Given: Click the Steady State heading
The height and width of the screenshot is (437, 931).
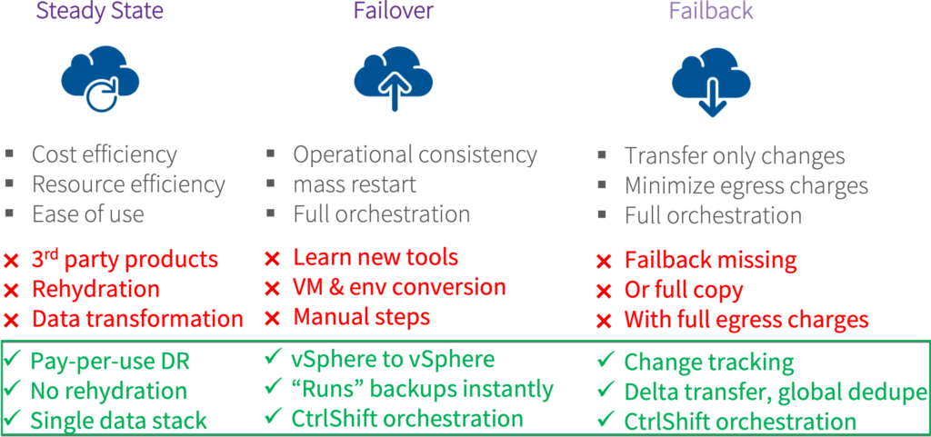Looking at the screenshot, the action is point(100,11).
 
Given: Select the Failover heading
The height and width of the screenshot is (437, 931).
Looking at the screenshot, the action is point(393,11).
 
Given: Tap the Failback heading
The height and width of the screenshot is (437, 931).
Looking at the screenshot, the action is point(711,11).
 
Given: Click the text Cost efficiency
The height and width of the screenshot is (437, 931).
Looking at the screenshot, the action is point(105,155).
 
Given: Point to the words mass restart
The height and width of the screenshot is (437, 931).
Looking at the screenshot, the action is point(355,184).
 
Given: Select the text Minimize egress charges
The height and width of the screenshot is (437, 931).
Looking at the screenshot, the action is point(746,186).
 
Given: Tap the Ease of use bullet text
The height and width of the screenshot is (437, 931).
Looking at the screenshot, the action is point(88,214).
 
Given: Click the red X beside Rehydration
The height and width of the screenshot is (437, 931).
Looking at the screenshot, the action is point(11,291).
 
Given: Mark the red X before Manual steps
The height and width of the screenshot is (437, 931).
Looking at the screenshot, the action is point(272,318).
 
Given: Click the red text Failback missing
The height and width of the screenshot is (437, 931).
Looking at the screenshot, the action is point(710,260).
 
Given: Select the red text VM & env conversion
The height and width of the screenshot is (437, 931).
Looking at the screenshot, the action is point(399,288).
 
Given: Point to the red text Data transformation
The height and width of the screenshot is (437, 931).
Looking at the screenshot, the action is point(138,319).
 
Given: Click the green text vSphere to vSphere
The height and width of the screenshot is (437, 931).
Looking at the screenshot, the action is point(393,360).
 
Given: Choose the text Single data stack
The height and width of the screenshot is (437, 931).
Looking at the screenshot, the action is point(119,421).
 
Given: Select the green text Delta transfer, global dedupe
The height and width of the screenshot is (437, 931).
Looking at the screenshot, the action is point(775,392).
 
